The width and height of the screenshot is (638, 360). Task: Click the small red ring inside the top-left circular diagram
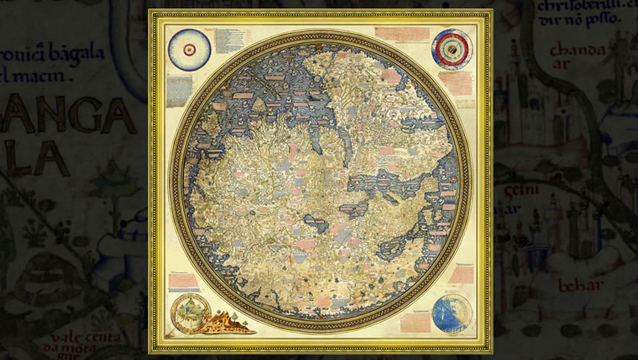[x=189, y=50]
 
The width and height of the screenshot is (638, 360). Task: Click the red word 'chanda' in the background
[x=577, y=51]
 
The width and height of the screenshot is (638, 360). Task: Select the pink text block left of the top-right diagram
[x=402, y=34]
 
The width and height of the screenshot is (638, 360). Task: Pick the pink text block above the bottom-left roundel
[x=183, y=280]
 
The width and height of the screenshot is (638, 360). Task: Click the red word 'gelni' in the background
[x=521, y=192]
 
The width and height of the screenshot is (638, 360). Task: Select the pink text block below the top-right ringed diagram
[x=455, y=83]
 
